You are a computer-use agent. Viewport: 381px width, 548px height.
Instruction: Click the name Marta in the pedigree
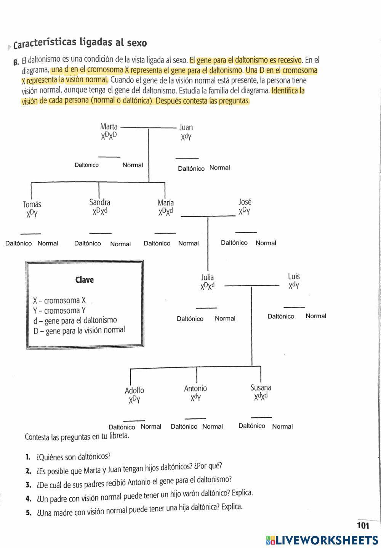click(109, 126)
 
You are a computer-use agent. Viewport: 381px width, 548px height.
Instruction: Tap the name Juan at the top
click(186, 127)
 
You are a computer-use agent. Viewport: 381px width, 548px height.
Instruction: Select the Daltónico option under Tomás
click(18, 243)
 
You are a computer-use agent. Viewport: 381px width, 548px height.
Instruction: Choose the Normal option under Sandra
click(120, 244)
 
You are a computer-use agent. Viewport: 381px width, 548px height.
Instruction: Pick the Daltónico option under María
click(157, 243)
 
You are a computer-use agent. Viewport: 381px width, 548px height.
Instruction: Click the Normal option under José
click(266, 243)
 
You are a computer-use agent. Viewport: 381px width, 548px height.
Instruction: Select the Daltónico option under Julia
click(190, 319)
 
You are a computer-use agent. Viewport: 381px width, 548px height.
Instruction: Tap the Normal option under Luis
click(316, 316)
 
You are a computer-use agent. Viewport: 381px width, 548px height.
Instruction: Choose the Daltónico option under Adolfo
click(122, 427)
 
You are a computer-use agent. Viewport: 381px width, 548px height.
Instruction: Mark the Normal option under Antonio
click(213, 426)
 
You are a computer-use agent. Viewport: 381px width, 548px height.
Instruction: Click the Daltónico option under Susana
click(252, 426)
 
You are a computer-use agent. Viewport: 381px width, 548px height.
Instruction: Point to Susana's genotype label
click(261, 397)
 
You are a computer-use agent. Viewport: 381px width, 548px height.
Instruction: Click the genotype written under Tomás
click(32, 214)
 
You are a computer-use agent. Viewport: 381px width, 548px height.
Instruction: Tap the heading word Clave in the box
click(85, 280)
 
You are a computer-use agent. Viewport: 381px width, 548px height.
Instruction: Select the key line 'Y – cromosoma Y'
click(56, 311)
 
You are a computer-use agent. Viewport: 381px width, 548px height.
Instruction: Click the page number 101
click(363, 526)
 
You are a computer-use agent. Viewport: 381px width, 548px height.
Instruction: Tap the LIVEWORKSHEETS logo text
click(327, 540)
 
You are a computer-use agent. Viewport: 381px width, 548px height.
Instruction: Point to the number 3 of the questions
click(28, 485)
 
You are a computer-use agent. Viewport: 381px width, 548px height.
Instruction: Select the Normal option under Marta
click(133, 165)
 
